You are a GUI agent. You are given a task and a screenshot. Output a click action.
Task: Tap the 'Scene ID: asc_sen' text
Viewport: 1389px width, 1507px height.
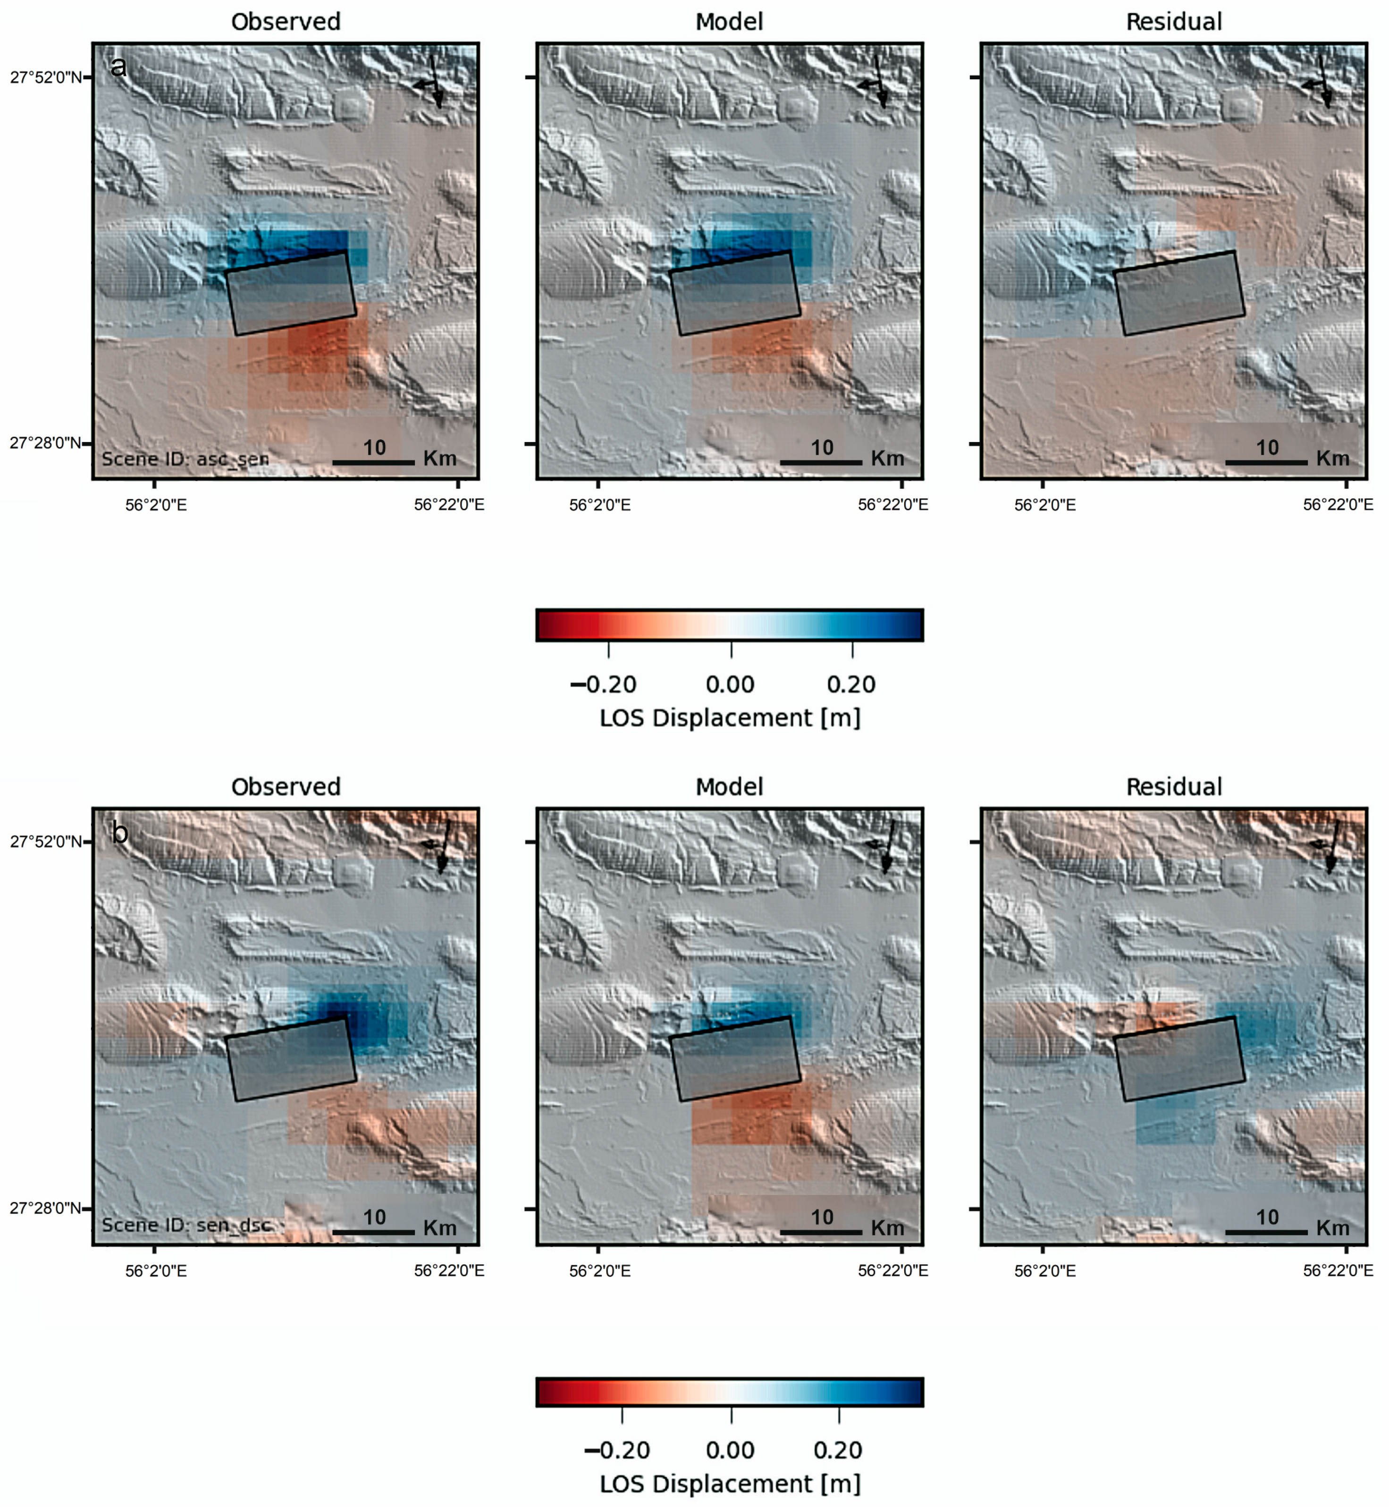click(x=185, y=459)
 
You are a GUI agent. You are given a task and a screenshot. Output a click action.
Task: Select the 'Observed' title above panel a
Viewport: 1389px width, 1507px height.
click(x=286, y=22)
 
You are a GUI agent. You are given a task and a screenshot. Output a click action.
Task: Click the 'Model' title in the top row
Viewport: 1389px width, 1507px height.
click(x=729, y=22)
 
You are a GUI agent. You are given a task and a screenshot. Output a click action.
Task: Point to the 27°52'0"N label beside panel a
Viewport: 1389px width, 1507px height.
click(x=45, y=77)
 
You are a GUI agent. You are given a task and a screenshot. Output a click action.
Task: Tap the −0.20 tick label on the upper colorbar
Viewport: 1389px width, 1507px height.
click(x=604, y=684)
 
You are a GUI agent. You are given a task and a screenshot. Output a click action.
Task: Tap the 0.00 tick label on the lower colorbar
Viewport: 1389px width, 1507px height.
click(x=730, y=1450)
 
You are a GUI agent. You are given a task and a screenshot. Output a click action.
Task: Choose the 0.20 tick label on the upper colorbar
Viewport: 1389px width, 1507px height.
click(x=851, y=684)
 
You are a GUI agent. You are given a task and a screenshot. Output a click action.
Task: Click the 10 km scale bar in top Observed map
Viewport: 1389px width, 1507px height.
click(x=373, y=462)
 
